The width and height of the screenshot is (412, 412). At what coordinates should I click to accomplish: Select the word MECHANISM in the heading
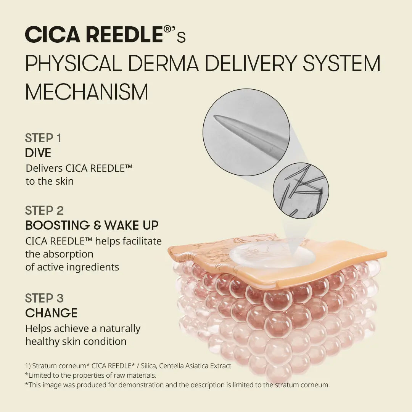[87, 92]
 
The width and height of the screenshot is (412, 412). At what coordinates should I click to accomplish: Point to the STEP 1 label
[43, 138]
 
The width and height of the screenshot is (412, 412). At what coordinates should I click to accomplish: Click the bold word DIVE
[38, 153]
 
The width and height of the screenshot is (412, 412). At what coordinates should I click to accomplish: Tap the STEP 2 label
[44, 211]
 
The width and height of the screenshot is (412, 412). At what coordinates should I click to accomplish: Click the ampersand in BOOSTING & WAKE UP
[98, 225]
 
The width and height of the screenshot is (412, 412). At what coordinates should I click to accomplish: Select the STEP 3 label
[44, 298]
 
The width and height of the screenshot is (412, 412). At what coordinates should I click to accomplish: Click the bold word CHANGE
[51, 313]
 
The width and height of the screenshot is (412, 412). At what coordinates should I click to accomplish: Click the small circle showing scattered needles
[301, 190]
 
